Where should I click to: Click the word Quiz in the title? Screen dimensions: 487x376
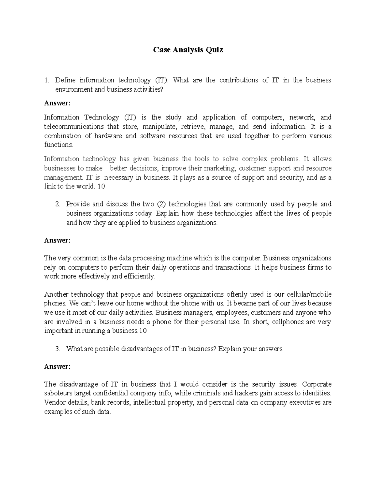point(214,50)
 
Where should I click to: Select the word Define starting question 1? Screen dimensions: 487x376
point(65,80)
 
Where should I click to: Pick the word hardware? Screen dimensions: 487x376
point(108,136)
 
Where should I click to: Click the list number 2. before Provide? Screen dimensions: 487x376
point(57,204)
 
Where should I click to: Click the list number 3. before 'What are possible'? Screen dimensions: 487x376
point(57,349)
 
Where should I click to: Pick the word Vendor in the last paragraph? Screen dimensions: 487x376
point(54,403)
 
